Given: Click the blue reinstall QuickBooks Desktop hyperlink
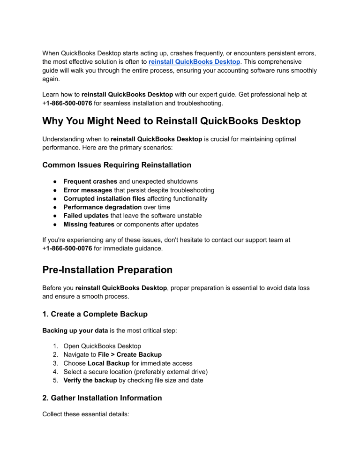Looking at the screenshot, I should click(x=195, y=61).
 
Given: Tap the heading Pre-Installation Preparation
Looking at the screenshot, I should click(x=107, y=270).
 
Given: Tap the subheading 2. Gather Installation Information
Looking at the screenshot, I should click(x=102, y=398).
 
